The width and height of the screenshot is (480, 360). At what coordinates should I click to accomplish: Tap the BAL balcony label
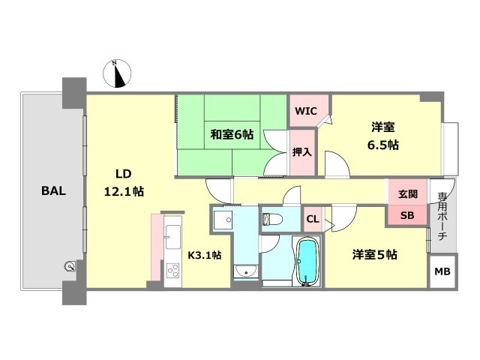(53, 190)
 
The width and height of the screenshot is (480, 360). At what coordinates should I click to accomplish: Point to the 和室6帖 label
(231, 135)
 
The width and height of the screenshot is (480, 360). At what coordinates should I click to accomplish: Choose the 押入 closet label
(301, 151)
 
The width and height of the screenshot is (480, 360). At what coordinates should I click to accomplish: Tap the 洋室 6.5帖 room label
(382, 136)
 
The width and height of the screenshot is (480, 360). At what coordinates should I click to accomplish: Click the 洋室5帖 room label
(375, 255)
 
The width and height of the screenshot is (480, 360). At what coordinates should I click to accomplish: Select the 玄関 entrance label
(408, 193)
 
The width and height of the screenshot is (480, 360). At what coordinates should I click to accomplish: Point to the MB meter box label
(442, 271)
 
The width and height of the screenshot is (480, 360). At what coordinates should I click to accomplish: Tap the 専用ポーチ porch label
(442, 217)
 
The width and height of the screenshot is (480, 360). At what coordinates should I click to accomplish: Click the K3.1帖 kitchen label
(204, 255)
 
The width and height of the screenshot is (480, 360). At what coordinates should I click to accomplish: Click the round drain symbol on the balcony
(70, 265)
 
